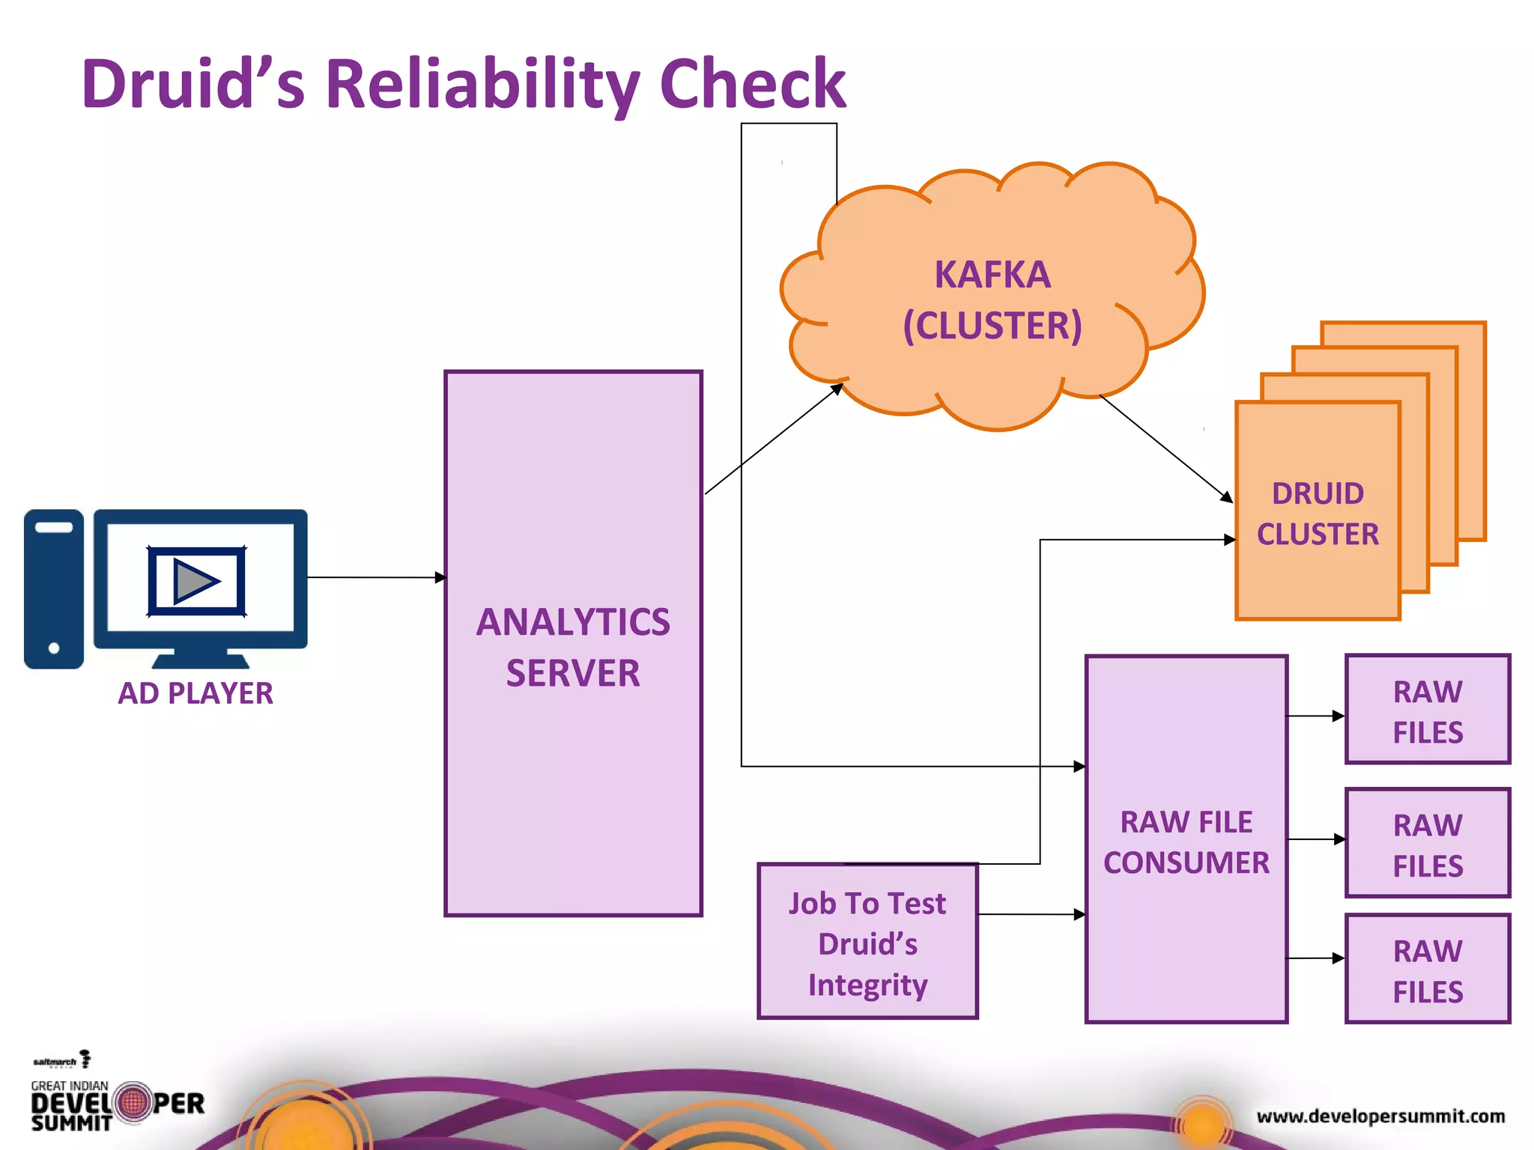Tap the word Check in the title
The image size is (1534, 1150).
click(752, 84)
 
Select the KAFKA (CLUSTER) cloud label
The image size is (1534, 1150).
click(992, 299)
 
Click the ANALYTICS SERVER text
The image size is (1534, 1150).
click(573, 647)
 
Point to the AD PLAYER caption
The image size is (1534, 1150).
click(195, 693)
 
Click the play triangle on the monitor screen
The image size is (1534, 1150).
click(195, 581)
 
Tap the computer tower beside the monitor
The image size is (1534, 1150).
click(54, 588)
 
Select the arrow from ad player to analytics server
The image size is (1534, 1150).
click(375, 577)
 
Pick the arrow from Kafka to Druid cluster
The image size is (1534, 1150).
click(1165, 448)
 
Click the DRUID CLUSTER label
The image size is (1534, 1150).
click(1318, 514)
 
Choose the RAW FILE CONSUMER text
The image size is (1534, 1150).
click(1186, 842)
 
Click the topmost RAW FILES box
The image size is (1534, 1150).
click(1428, 710)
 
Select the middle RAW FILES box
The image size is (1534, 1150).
click(1428, 844)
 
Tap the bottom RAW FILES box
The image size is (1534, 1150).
click(1428, 970)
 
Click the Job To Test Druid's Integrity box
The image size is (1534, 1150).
click(867, 943)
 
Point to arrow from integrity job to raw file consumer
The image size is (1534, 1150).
click(1031, 914)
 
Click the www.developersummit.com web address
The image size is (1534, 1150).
click(1380, 1116)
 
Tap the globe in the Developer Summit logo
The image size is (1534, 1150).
click(134, 1103)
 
